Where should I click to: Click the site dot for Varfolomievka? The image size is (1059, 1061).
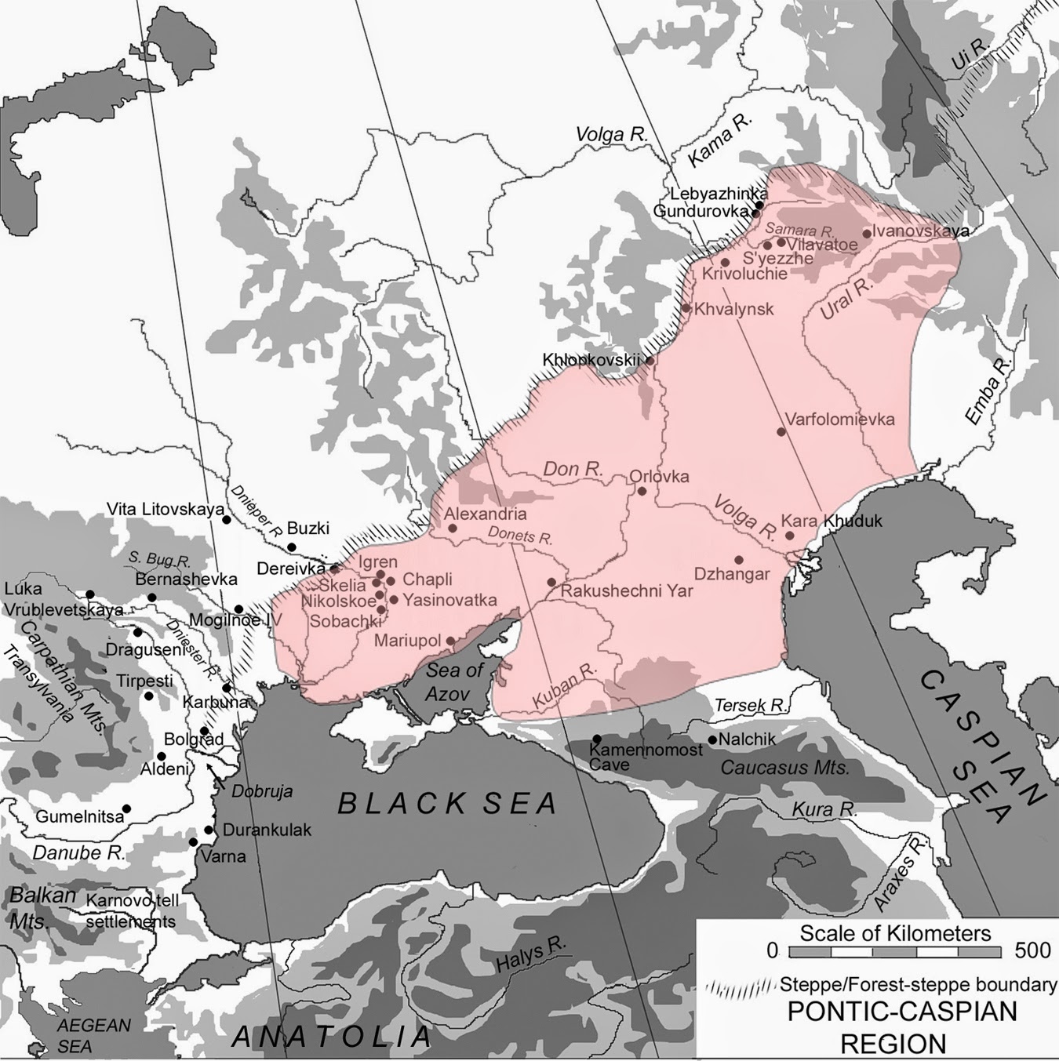click(781, 431)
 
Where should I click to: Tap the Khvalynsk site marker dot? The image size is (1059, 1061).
click(686, 307)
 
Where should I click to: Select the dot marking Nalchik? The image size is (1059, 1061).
click(712, 739)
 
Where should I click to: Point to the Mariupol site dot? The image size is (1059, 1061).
click(450, 641)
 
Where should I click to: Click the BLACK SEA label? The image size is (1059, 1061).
click(447, 804)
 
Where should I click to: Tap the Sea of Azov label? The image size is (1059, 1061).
click(454, 681)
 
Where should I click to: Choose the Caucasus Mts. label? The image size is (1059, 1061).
click(784, 768)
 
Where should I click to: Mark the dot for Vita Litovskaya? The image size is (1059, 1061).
click(226, 519)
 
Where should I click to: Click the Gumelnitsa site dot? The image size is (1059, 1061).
click(126, 808)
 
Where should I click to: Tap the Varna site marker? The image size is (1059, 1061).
click(193, 842)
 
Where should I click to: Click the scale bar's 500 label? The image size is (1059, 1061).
click(1032, 950)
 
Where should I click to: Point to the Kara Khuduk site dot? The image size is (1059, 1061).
click(790, 536)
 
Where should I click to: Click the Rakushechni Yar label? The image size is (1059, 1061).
click(627, 590)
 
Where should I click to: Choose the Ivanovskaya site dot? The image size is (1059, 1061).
click(867, 233)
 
